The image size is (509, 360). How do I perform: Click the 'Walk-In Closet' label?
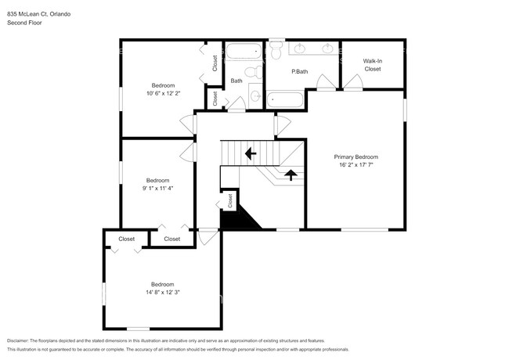(x=372, y=64)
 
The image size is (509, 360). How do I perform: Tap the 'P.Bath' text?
(x=298, y=72)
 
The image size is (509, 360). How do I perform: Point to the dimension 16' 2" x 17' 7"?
(x=356, y=165)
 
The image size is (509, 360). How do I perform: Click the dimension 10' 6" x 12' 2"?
(x=163, y=93)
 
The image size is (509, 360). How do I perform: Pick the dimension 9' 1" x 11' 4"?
(x=157, y=188)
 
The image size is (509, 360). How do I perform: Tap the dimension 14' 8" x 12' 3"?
(x=163, y=292)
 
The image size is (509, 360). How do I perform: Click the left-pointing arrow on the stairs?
(x=251, y=153)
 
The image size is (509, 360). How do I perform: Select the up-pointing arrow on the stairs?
(x=290, y=175)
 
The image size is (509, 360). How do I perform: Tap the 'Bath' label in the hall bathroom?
(x=236, y=81)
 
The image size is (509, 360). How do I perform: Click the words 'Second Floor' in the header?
(x=23, y=22)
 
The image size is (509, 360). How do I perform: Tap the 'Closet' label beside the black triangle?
(x=229, y=200)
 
